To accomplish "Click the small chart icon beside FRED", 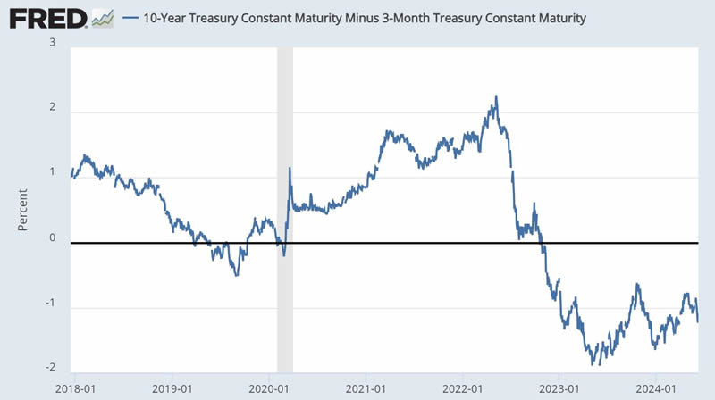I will pyautogui.click(x=102, y=17).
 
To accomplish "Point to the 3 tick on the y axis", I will pyautogui.click(x=53, y=43).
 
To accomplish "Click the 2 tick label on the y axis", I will pyautogui.click(x=53, y=108).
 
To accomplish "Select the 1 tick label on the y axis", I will pyautogui.click(x=53, y=174).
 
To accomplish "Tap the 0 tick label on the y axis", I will pyautogui.click(x=53, y=239).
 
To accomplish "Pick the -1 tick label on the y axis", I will pyautogui.click(x=51, y=305).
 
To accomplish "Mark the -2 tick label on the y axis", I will pyautogui.click(x=51, y=369).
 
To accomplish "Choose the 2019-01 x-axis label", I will pyautogui.click(x=173, y=388).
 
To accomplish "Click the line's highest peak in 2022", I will pyautogui.click(x=496, y=96).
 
